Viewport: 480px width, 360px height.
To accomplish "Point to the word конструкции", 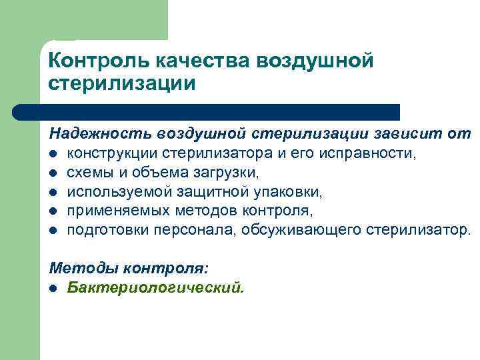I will point(111,154).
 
